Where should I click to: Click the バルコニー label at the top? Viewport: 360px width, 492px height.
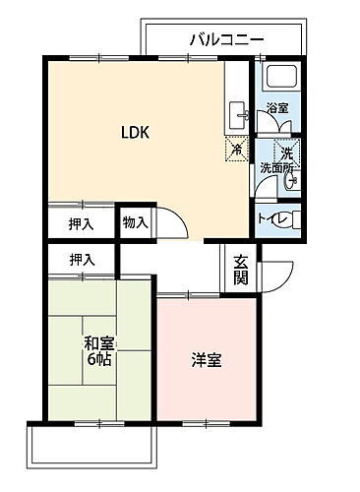[x=227, y=39]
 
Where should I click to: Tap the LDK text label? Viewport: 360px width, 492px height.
[x=135, y=132]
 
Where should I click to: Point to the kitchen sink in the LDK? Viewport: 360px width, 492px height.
[x=237, y=116]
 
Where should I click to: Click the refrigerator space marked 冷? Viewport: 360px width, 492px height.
[x=237, y=150]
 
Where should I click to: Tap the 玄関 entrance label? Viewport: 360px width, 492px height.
[x=241, y=268]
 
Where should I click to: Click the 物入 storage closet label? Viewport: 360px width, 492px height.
[x=135, y=223]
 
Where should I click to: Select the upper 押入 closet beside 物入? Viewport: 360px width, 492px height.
[x=82, y=223]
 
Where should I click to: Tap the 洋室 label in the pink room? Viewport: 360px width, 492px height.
[x=206, y=359]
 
